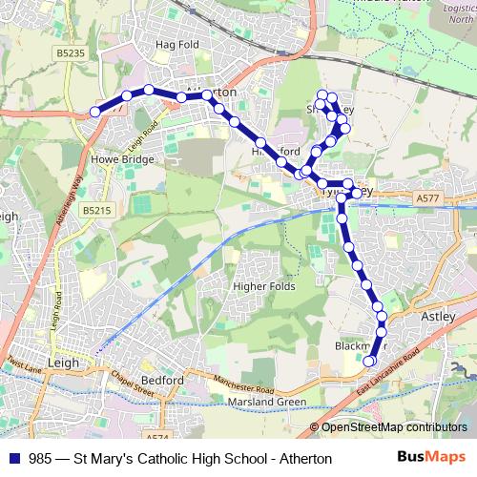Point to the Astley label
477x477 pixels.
click(452, 316)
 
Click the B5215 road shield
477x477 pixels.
click(96, 210)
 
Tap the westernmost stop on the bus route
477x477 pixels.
click(95, 113)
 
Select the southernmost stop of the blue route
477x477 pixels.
click(369, 361)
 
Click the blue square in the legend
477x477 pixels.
click(12, 459)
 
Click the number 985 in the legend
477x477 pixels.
click(41, 459)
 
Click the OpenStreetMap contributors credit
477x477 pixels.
click(393, 427)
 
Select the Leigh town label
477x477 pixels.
click(63, 363)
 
